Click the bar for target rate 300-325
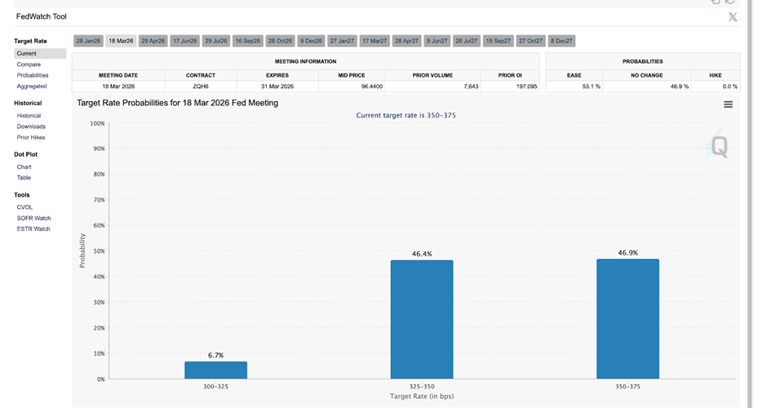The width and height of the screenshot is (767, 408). [215, 370]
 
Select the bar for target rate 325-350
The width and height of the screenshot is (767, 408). [422, 320]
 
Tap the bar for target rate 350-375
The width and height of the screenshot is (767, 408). [627, 319]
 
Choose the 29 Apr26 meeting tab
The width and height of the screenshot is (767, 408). [153, 41]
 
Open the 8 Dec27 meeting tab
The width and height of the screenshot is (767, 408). [561, 41]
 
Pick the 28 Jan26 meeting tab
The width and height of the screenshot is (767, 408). [88, 41]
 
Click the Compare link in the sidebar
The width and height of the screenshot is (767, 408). [29, 64]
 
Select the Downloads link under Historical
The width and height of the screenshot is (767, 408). [31, 126]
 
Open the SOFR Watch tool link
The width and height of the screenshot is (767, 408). [33, 218]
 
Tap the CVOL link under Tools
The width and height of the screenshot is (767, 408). [24, 207]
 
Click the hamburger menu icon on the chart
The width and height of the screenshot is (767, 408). [728, 104]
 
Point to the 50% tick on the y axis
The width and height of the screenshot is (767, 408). [97, 251]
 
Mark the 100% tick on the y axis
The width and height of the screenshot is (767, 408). [96, 123]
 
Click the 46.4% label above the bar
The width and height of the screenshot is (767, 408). [422, 254]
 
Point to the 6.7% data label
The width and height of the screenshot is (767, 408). [215, 355]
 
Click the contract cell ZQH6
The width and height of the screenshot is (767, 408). [200, 86]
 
